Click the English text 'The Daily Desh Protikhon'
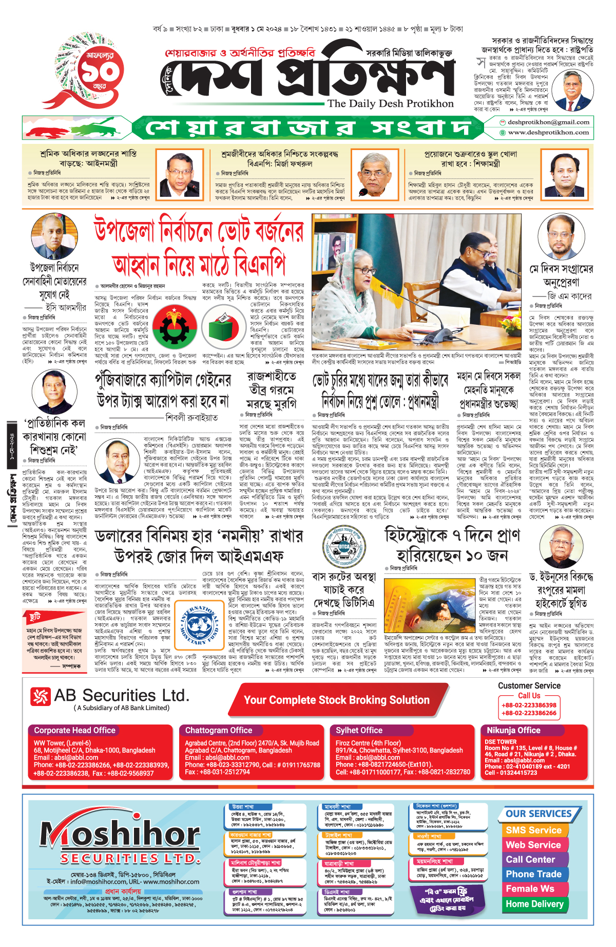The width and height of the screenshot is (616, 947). click(x=390, y=104)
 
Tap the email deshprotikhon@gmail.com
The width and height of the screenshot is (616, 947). click(x=548, y=122)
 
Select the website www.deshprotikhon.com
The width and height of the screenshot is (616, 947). click(x=548, y=133)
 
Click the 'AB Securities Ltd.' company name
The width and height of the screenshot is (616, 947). click(x=121, y=695)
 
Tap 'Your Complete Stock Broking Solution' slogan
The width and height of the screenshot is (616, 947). click(x=336, y=700)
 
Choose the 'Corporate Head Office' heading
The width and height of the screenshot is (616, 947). click(x=74, y=730)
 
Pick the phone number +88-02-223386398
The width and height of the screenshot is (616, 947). click(x=529, y=705)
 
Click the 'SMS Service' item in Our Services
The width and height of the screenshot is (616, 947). click(x=533, y=830)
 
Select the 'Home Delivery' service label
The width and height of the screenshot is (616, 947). click(x=534, y=904)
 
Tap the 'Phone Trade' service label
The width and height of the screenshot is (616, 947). click(x=533, y=874)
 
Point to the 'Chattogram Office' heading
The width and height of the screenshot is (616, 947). click(x=219, y=730)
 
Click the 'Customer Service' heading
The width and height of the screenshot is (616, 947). click(x=529, y=685)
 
